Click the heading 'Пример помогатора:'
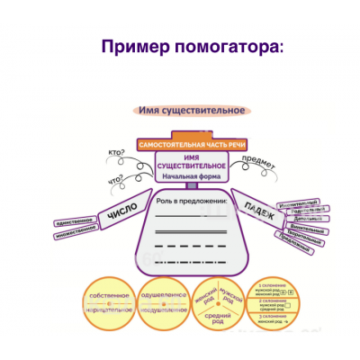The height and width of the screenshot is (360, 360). click(x=191, y=46)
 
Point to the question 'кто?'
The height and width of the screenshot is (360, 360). click(x=116, y=153)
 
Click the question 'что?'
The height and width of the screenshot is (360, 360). click(x=116, y=180)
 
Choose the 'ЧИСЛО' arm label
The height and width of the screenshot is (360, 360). click(x=121, y=213)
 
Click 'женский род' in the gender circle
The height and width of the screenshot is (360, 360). click(x=206, y=298)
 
